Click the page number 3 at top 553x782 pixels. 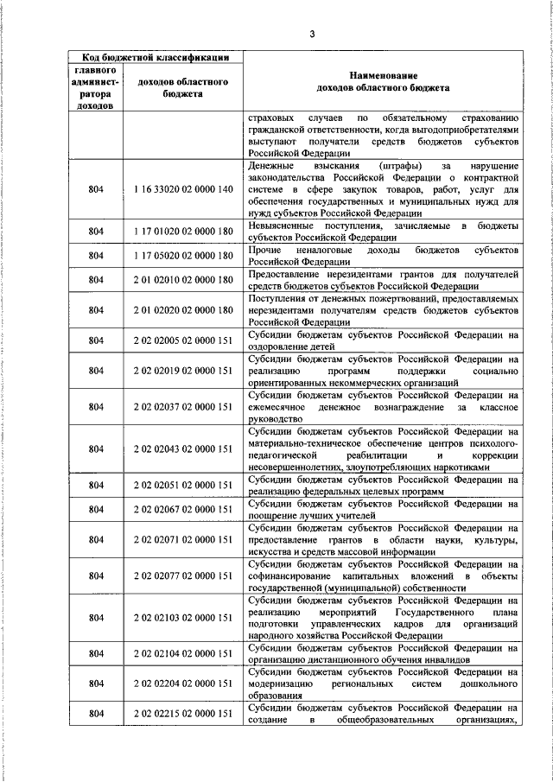click(313, 34)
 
